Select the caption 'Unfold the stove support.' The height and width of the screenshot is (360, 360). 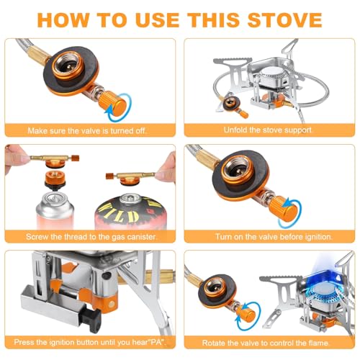[265, 130]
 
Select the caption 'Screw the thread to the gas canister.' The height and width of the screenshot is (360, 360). [89, 235]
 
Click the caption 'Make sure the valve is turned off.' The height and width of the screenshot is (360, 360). [89, 130]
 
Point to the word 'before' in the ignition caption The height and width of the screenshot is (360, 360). [287, 235]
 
